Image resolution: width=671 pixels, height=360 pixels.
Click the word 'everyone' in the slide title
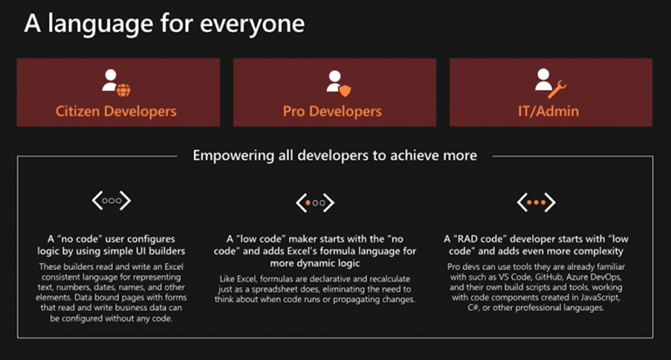(252, 24)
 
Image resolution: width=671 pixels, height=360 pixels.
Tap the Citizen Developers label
(116, 111)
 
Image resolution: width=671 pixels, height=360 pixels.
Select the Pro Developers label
(332, 111)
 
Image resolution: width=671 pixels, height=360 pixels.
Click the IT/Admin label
(548, 111)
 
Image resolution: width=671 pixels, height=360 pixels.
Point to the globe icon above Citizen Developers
(123, 90)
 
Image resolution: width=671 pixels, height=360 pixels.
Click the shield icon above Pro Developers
(345, 91)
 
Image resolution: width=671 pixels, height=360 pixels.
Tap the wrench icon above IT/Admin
(557, 89)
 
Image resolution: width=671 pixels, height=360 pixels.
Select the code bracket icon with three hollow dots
(111, 200)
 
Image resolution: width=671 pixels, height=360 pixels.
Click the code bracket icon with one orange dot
(315, 203)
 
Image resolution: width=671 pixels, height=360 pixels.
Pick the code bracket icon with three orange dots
(536, 202)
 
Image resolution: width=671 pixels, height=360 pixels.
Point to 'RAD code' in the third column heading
(480, 239)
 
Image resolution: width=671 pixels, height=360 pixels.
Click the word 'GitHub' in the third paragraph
(549, 277)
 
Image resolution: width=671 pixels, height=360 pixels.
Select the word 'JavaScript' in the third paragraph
(598, 297)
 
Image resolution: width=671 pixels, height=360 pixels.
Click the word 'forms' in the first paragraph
(176, 297)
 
